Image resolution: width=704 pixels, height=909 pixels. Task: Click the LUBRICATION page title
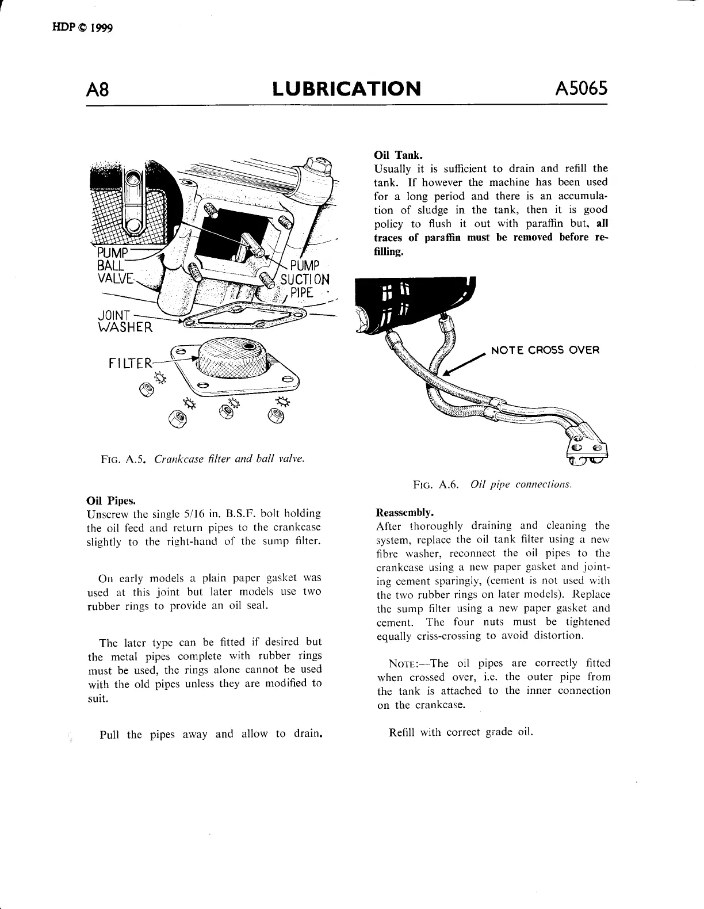(346, 89)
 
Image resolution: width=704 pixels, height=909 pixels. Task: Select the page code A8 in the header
(98, 90)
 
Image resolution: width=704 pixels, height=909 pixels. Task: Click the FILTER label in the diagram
(131, 363)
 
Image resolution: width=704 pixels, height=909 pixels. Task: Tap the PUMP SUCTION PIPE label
(305, 279)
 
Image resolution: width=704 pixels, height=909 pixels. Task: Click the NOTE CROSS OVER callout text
(545, 350)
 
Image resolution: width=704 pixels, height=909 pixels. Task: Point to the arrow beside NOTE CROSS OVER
(463, 366)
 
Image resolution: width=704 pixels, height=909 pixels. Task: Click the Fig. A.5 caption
(202, 459)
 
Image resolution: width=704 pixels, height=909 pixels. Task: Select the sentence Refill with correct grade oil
(461, 732)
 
